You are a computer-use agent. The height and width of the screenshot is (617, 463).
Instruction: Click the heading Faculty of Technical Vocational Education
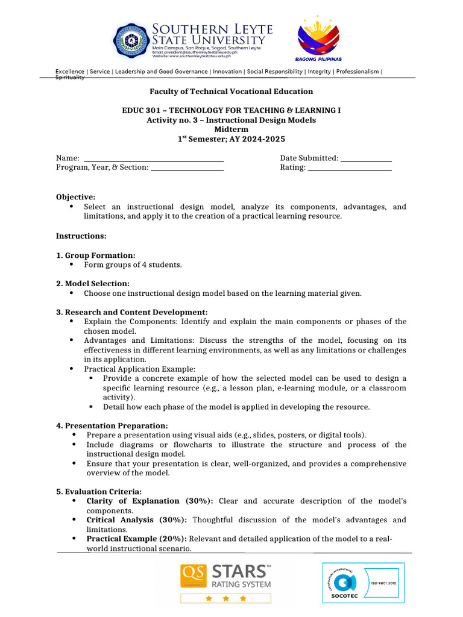(x=231, y=92)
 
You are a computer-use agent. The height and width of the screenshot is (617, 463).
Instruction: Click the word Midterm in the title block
(x=231, y=130)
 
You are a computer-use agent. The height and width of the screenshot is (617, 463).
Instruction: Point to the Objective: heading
(x=75, y=197)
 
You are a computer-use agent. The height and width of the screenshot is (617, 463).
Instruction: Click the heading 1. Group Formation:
(x=95, y=255)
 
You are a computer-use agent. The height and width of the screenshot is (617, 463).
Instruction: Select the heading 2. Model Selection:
(x=93, y=284)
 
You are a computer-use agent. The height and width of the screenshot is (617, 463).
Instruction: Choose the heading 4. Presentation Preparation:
(x=112, y=425)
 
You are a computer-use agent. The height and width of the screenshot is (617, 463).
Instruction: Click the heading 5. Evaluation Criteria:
(x=99, y=492)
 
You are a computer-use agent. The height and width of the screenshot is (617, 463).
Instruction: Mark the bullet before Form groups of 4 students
(x=72, y=265)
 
